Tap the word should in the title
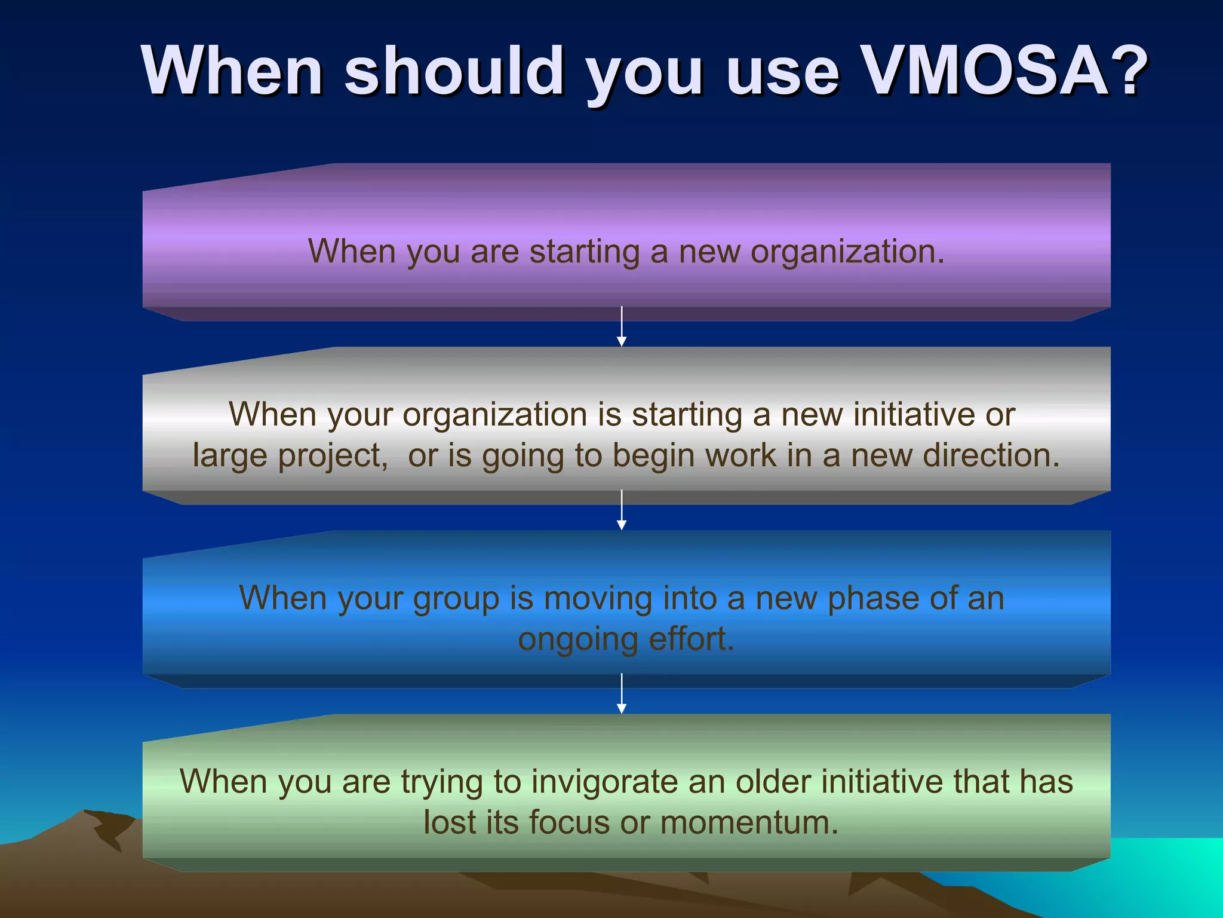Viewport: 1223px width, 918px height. click(454, 71)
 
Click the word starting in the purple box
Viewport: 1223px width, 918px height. click(585, 251)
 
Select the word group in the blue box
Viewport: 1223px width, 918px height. click(456, 598)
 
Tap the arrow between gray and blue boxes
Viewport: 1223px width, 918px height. click(622, 510)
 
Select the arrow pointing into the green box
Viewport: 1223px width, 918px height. click(622, 694)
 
